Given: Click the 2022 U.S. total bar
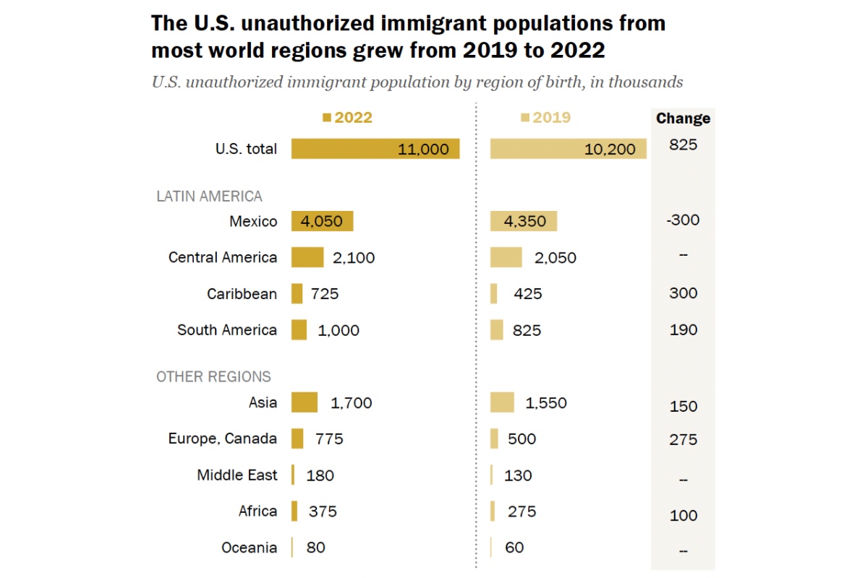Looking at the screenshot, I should [x=375, y=149].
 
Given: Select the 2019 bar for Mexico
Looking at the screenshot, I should [x=524, y=221].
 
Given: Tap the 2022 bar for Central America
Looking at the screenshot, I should [x=307, y=257].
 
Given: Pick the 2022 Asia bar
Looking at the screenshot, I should [x=305, y=402].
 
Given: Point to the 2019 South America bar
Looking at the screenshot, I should [x=497, y=330].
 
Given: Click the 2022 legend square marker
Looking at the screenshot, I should [x=327, y=118].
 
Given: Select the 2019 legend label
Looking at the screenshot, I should [x=552, y=118].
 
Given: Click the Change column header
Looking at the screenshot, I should [x=683, y=118].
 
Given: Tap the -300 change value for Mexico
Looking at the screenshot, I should [x=683, y=220].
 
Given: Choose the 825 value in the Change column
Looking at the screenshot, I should [x=683, y=145].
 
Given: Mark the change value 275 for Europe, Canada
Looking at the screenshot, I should [x=683, y=439].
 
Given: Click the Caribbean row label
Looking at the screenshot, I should [x=242, y=294].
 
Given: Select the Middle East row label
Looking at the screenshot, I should [x=237, y=475].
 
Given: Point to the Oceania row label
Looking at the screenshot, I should [x=249, y=548].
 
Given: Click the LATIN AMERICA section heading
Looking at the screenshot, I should [x=209, y=196].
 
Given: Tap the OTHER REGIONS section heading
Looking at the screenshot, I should [x=213, y=376].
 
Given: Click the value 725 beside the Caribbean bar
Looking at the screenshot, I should [x=325, y=294].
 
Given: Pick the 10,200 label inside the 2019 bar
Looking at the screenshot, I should [x=610, y=150].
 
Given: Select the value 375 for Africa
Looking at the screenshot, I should [x=323, y=512].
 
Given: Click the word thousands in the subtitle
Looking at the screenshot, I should [x=645, y=82].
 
